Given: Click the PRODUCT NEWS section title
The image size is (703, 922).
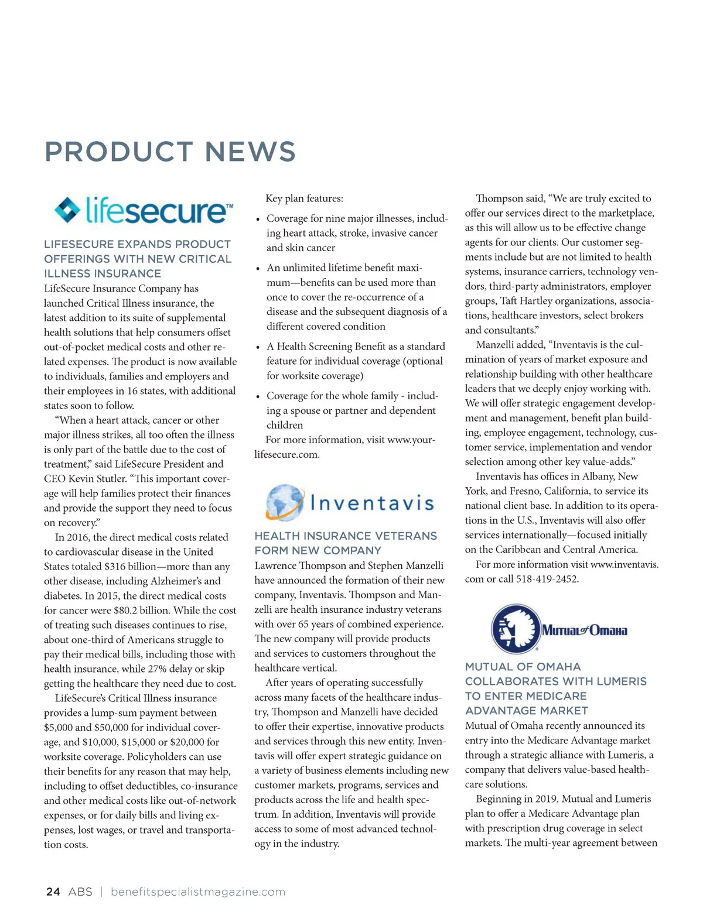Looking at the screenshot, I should [170, 152].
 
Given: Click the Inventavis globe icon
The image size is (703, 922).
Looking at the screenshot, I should [284, 502].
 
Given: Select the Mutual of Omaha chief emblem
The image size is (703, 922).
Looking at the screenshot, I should [514, 629].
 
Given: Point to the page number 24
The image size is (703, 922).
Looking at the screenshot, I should [53, 892].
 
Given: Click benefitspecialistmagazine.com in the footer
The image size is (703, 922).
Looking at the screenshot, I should [198, 892].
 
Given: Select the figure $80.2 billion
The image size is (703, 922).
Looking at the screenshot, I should [139, 611].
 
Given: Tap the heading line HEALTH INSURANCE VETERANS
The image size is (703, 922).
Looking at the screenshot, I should [346, 536].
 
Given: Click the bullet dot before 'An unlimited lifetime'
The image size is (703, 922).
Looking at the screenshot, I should [258, 269].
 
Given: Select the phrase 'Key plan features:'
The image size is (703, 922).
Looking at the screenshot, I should [304, 198].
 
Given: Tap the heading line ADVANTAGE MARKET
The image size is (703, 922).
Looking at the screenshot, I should [526, 711].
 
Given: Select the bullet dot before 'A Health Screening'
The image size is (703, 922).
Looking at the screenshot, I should [258, 348].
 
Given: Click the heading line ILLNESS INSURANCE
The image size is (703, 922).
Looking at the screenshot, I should [103, 273].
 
